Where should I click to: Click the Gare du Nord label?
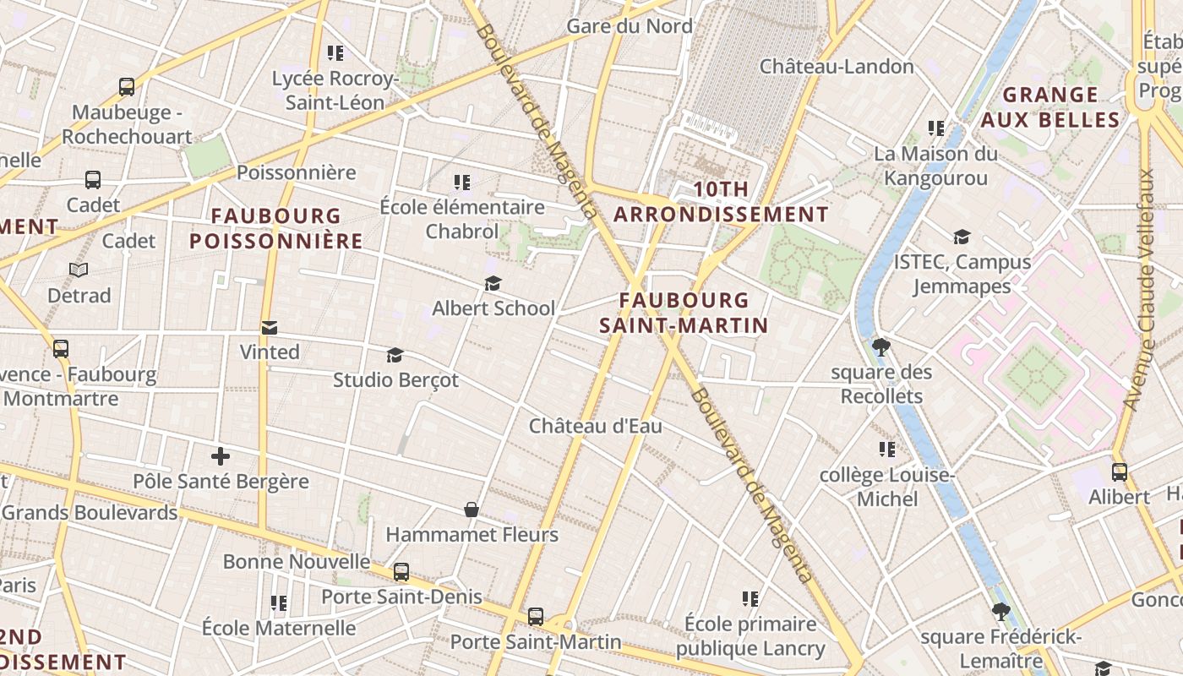(629, 26)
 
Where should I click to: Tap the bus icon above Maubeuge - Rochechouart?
(127, 86)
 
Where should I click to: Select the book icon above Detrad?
(79, 270)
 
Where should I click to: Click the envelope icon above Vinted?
(270, 327)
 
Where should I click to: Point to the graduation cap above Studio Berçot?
(395, 355)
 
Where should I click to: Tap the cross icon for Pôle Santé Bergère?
(221, 457)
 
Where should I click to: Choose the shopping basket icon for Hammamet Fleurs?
(472, 510)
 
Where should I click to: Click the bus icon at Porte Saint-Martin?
(536, 617)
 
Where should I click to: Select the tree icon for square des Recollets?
(880, 346)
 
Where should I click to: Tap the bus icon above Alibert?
(1120, 472)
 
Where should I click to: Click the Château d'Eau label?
(595, 427)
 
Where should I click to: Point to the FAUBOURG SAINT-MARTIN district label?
(684, 313)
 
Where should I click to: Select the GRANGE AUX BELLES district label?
(1050, 106)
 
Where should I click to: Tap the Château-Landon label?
(837, 66)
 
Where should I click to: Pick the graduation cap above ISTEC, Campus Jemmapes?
(962, 237)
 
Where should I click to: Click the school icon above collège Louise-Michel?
(886, 450)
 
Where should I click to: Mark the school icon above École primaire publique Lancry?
(750, 599)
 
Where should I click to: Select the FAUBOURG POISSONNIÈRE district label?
(275, 228)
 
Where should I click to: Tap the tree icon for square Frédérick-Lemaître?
(1001, 611)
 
